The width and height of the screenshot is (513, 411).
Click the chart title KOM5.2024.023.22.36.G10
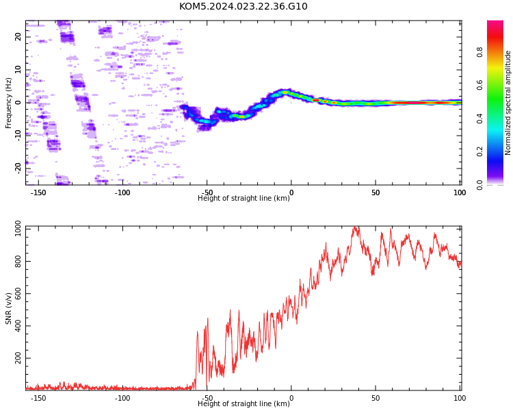click(243, 6)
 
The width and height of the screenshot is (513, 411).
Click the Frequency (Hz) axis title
click(8, 103)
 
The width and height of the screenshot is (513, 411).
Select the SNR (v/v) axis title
click(8, 308)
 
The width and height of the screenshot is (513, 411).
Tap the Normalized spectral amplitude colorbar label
click(508, 103)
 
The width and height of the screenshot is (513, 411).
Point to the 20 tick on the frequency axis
click(18, 36)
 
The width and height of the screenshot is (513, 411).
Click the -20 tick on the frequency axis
click(18, 168)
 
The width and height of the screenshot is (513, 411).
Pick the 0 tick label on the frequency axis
click(18, 103)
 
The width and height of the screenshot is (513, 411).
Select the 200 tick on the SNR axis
click(18, 358)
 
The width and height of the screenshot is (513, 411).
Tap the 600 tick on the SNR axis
click(18, 293)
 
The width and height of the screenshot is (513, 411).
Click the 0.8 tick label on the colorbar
click(479, 52)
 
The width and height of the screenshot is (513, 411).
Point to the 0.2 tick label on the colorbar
click(479, 151)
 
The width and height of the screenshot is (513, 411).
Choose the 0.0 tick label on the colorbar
click(479, 185)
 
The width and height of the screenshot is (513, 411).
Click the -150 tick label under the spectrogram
click(38, 192)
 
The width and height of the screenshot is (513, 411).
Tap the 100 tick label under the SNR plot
click(460, 398)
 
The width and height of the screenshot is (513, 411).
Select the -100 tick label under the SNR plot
click(122, 398)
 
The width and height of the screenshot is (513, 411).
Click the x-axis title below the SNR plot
click(244, 403)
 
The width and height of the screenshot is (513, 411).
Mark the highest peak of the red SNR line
click(354, 227)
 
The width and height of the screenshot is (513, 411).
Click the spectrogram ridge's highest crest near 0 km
click(285, 92)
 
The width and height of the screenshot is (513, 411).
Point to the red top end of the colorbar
click(495, 22)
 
